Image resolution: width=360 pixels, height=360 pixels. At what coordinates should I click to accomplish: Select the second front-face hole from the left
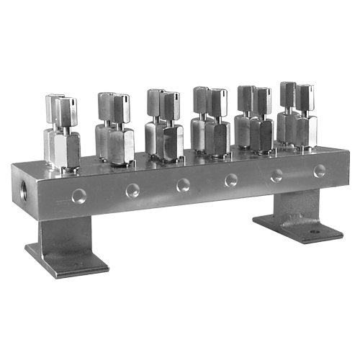tap(132, 190)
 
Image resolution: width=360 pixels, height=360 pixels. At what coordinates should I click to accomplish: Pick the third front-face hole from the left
tap(183, 185)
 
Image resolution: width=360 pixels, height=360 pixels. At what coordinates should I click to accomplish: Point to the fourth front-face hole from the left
tap(231, 180)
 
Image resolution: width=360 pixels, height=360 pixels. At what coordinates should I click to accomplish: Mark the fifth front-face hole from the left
tap(276, 175)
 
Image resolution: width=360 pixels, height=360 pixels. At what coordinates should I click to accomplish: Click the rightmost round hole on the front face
tap(319, 171)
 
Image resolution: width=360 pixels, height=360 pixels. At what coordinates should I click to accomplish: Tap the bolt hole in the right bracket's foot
tap(314, 233)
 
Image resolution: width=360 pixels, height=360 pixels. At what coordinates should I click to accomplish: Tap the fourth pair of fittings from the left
tap(210, 120)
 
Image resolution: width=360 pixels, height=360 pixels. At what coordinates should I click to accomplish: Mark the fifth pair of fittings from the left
tap(255, 117)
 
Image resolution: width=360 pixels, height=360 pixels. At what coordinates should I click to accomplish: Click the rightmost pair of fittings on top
tap(297, 114)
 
